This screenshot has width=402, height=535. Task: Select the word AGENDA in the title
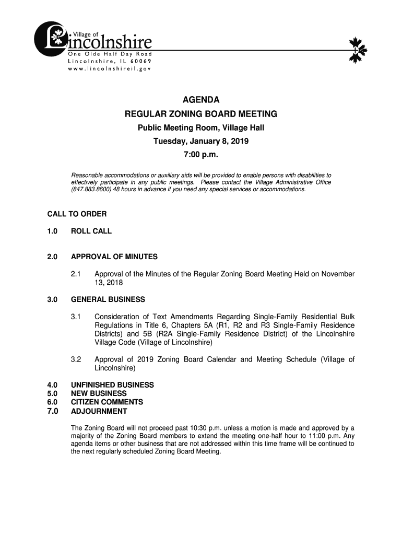click(x=200, y=100)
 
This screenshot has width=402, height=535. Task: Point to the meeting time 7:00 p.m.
click(x=200, y=155)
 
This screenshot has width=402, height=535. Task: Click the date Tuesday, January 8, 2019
click(x=200, y=142)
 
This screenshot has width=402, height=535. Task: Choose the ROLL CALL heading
click(x=91, y=231)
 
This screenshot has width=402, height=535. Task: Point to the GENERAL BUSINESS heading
click(x=108, y=300)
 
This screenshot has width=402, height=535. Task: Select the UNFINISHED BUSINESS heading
click(x=112, y=385)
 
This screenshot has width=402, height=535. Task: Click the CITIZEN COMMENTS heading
click(x=107, y=402)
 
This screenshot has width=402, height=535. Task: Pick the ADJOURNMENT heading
click(x=99, y=411)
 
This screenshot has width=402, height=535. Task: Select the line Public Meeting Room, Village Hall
click(x=200, y=128)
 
